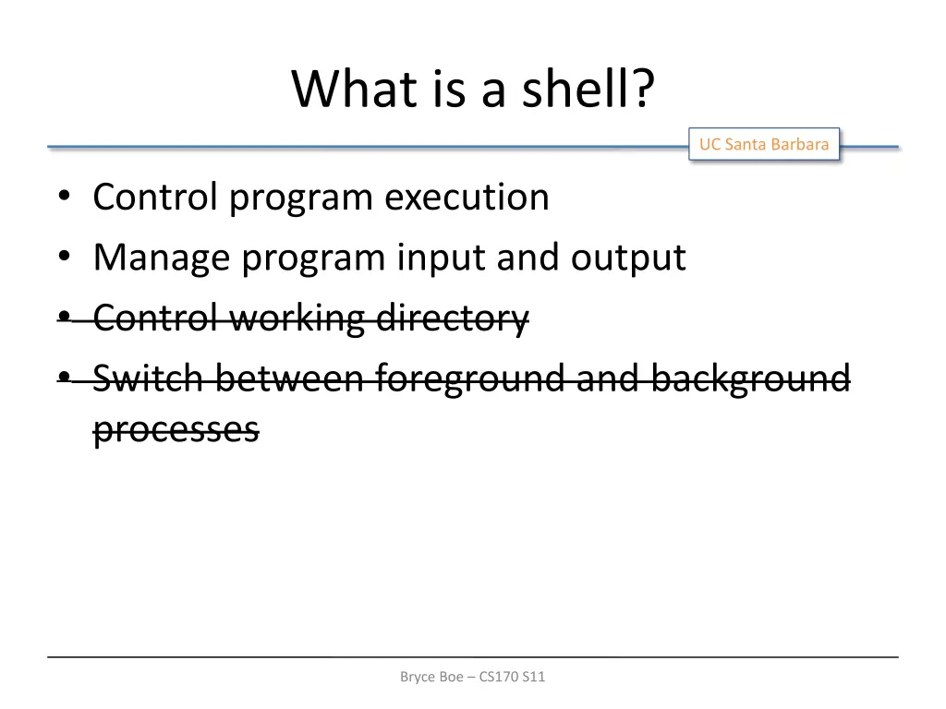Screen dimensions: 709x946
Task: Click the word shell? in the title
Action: [x=588, y=89]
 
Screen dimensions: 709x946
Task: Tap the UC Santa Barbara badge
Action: [x=763, y=144]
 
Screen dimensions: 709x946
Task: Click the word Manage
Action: [x=162, y=258]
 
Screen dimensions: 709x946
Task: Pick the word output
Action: [x=627, y=258]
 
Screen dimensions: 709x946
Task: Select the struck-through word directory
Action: [x=453, y=318]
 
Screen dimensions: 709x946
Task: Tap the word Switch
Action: [x=149, y=379]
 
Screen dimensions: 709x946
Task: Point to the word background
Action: [x=749, y=379]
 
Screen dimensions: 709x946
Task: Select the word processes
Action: [x=176, y=429]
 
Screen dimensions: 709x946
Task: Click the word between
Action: [x=290, y=379]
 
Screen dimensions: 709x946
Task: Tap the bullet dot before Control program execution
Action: [x=63, y=198]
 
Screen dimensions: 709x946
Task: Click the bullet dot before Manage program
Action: [x=63, y=258]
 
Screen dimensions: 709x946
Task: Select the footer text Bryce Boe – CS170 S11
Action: [x=472, y=677]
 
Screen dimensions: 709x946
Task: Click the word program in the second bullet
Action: [x=314, y=258]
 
